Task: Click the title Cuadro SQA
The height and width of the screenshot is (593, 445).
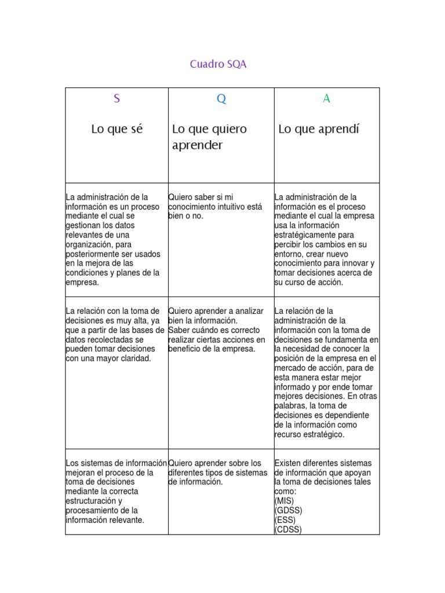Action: point(218,64)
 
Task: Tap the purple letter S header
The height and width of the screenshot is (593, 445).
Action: point(116,99)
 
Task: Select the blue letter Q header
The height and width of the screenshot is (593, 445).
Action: point(221,99)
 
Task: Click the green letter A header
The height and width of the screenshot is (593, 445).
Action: point(326,99)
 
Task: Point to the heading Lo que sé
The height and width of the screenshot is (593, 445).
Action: point(116,129)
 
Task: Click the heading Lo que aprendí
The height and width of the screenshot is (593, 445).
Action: point(319,129)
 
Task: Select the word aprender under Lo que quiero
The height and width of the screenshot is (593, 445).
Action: point(197,145)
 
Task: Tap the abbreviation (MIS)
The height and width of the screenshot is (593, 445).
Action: point(284,501)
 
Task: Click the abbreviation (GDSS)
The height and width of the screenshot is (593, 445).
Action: point(288,510)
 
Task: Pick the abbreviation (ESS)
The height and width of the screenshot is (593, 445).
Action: point(284,519)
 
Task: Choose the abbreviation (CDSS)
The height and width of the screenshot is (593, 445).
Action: point(288,529)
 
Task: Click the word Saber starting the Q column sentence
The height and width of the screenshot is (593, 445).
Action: point(180,330)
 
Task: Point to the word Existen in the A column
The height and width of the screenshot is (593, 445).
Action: point(289,463)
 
